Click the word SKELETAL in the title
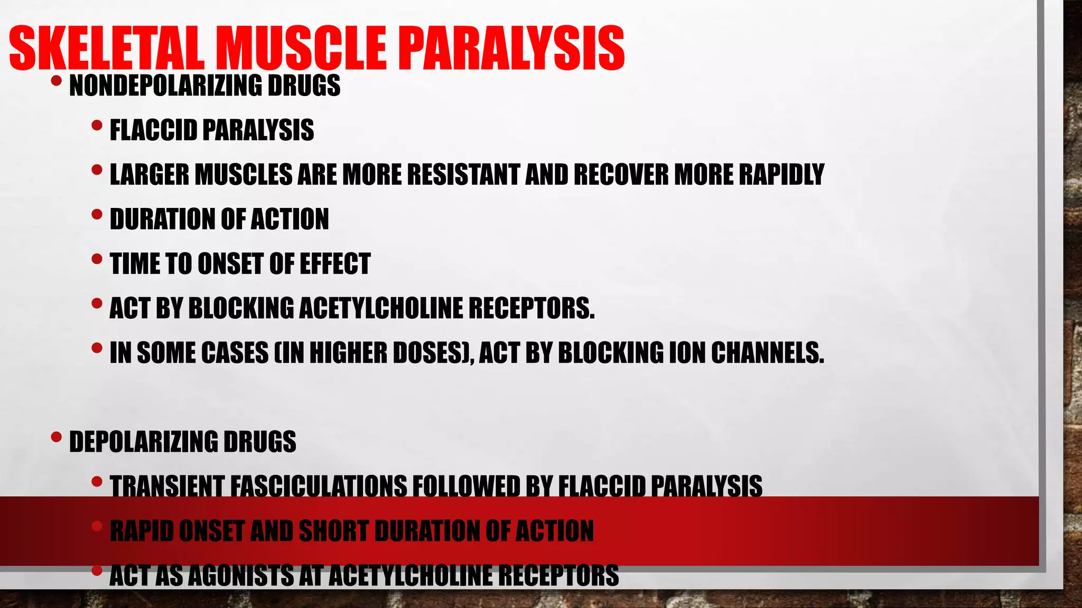(106, 49)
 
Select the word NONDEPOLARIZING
(166, 85)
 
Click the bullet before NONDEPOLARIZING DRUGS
(57, 82)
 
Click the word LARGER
(149, 175)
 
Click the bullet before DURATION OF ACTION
(97, 215)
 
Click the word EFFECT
(335, 264)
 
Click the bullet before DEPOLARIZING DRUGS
(57, 438)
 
